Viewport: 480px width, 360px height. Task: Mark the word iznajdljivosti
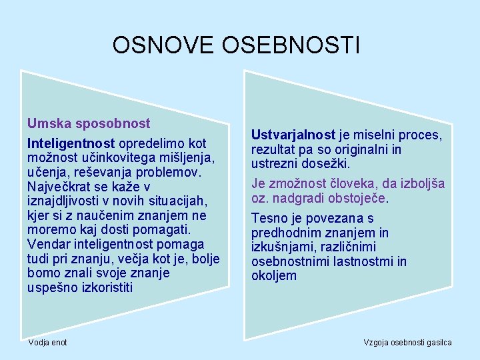click(x=63, y=201)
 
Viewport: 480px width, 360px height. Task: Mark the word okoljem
click(x=273, y=276)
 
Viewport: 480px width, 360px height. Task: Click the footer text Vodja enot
click(x=47, y=342)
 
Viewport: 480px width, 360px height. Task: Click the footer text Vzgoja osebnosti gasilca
click(x=407, y=342)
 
